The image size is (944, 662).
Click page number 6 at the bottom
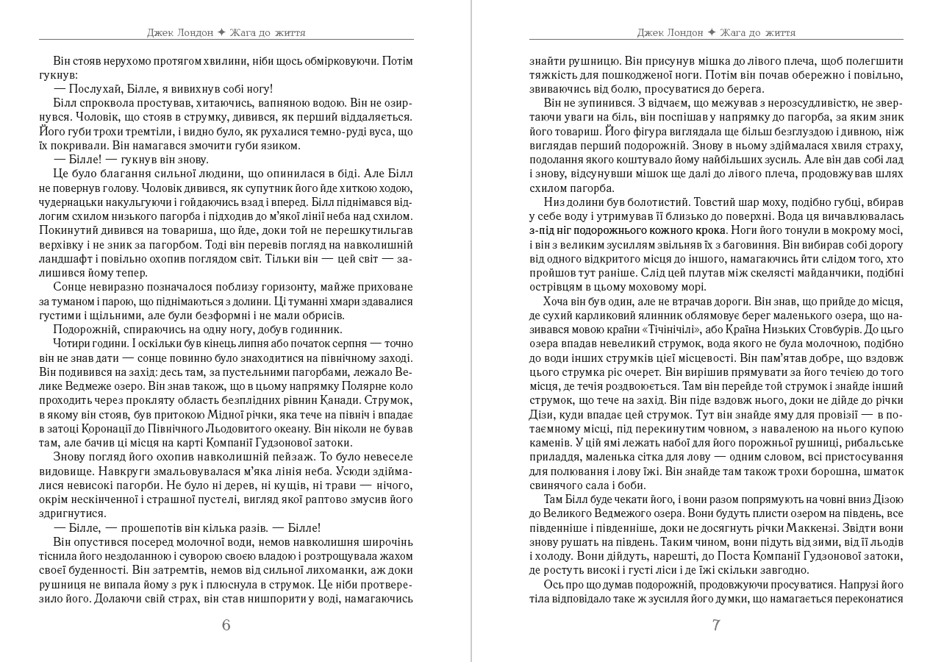click(226, 625)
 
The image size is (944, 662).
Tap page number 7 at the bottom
click(716, 625)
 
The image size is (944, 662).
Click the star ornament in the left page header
click(221, 32)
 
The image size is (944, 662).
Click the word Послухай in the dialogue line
click(93, 88)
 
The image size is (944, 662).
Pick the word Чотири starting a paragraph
click(73, 344)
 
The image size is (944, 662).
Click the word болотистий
click(644, 202)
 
